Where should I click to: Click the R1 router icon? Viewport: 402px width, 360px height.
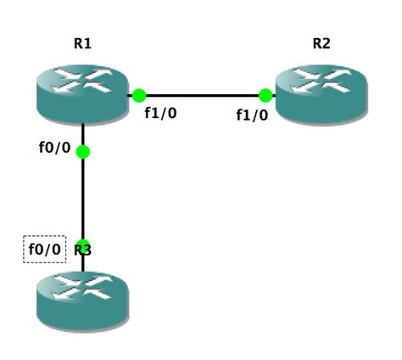pos(82,95)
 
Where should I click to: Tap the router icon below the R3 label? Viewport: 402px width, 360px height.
pos(82,298)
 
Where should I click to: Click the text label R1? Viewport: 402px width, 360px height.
pos(82,44)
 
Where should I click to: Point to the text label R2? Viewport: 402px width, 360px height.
pos(321,44)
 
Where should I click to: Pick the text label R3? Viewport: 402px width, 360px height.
pos(83,250)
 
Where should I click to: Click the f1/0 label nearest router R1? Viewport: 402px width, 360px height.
pos(160,113)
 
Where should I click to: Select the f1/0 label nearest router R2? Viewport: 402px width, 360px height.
pos(252,115)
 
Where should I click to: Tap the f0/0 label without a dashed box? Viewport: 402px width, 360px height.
pos(54,147)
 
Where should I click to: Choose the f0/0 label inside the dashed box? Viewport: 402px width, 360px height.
pos(45,250)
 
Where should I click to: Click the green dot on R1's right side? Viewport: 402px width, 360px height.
pos(139,96)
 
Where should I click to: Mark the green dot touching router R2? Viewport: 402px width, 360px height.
pos(265,96)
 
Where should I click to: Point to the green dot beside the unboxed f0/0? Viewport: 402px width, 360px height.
pos(82,152)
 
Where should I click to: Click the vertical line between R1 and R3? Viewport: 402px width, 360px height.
pos(82,200)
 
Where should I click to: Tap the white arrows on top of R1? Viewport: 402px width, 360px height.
pos(82,86)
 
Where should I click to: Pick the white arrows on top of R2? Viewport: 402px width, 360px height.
pos(321,86)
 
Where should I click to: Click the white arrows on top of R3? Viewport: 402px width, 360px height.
pos(82,288)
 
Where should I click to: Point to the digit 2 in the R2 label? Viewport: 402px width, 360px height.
pos(327,44)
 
